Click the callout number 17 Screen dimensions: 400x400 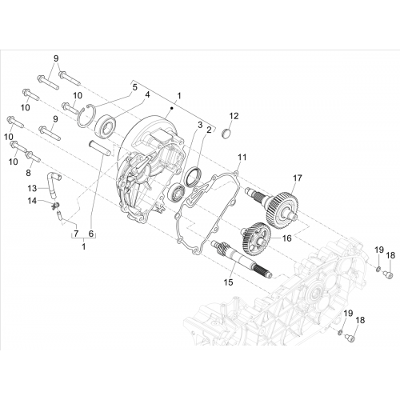(x=298, y=178)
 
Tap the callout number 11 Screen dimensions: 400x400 (x=242, y=157)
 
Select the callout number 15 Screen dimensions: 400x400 (x=229, y=282)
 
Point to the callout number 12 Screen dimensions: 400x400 (x=234, y=116)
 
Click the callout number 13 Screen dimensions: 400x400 (x=32, y=188)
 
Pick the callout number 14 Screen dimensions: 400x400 (x=32, y=201)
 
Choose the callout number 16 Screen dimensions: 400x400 (x=286, y=238)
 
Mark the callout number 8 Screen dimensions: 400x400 (x=28, y=173)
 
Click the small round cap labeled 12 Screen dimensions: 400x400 (x=226, y=134)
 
